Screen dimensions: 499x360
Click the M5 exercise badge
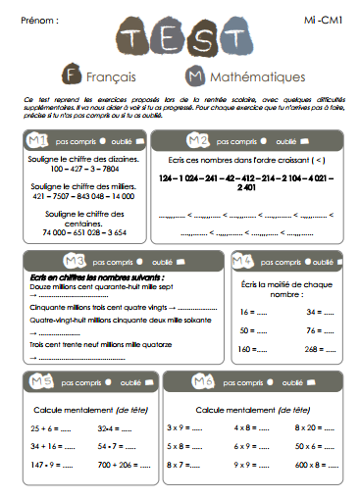click(41, 381)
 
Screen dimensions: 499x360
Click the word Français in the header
click(111, 75)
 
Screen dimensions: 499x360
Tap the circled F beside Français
click(70, 75)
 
